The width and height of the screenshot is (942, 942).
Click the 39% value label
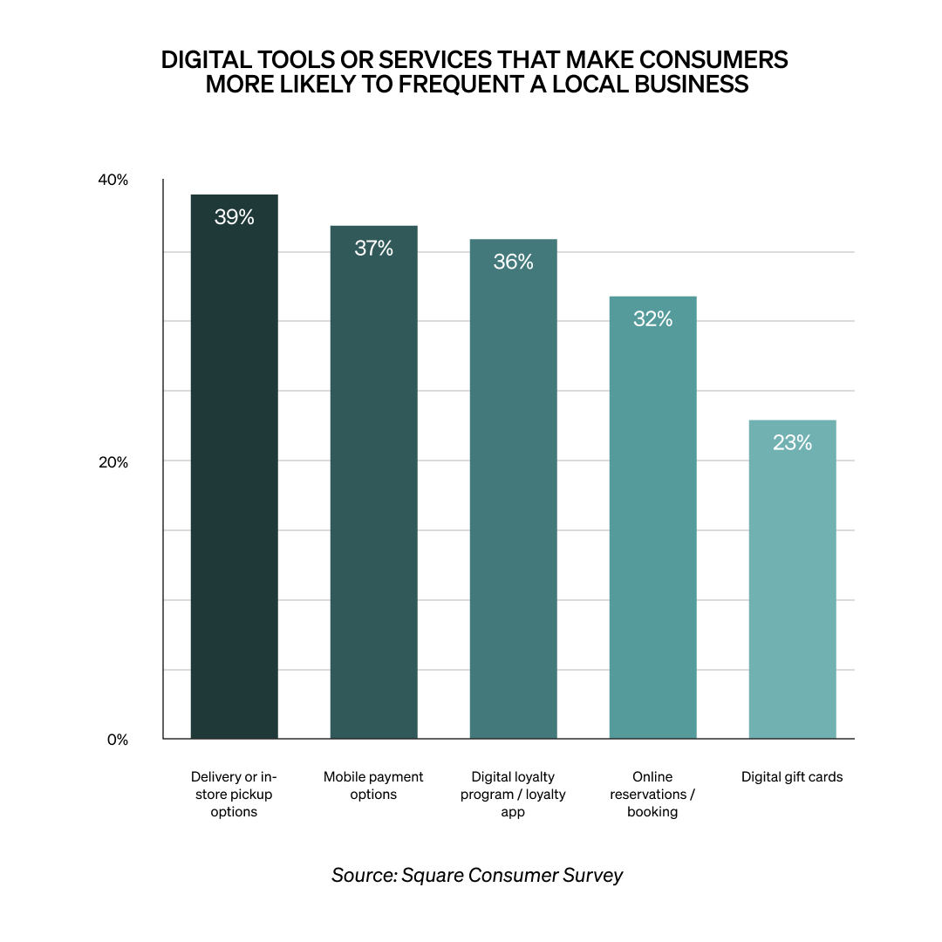point(234,217)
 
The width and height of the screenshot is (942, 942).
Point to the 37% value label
point(373,249)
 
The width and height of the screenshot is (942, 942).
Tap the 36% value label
point(513,262)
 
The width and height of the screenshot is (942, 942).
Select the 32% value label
point(652,319)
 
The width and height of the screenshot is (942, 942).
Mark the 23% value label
point(792,443)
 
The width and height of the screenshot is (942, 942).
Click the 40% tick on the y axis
point(113,181)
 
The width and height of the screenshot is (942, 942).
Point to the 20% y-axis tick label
point(113,462)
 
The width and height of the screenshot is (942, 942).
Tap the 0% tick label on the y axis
point(118,740)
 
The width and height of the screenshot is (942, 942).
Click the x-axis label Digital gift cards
point(792,776)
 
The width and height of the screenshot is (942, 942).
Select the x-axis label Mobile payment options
point(373,785)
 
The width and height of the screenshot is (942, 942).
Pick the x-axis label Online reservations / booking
point(652,794)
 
